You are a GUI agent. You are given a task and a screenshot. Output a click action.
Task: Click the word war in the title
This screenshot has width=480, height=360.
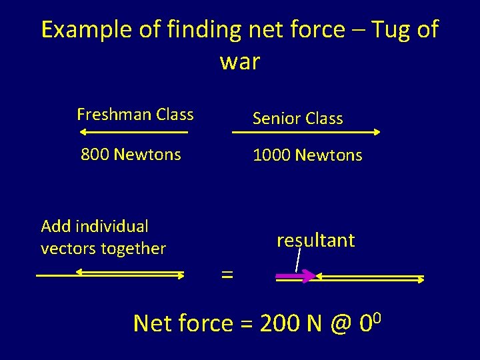click(x=239, y=62)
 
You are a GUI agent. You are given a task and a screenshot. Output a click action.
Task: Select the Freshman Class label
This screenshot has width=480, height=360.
click(x=135, y=115)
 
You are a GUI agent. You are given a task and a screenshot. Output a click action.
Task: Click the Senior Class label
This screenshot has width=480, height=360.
click(x=297, y=119)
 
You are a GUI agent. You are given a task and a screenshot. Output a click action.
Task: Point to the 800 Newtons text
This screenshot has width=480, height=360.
click(x=131, y=155)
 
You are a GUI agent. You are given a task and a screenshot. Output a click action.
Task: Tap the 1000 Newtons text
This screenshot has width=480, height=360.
click(x=307, y=155)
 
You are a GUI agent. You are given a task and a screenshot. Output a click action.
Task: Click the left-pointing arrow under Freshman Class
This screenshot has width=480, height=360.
click(x=133, y=132)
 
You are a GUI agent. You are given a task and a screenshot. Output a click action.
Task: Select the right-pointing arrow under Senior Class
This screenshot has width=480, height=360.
click(x=305, y=132)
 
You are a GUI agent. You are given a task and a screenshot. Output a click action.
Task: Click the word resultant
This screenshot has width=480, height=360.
click(x=315, y=240)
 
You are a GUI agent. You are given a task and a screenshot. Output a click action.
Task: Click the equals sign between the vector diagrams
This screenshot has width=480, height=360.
click(x=227, y=275)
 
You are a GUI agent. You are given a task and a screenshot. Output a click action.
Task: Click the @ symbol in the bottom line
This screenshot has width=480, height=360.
click(x=340, y=324)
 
